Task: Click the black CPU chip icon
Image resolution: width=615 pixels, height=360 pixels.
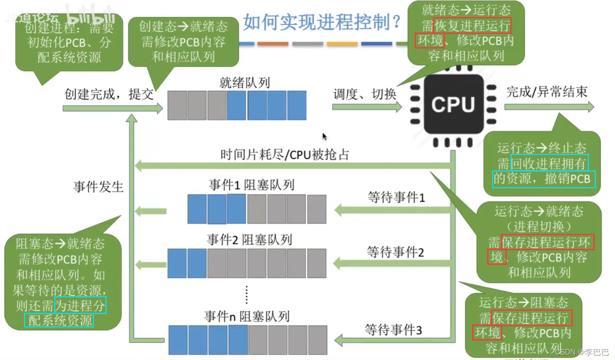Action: point(453,105)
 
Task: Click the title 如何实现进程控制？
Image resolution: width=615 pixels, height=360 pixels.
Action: point(322,22)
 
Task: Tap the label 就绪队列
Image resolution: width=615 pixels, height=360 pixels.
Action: point(244,83)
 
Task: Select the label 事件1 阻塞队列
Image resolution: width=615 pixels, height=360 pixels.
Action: point(252,185)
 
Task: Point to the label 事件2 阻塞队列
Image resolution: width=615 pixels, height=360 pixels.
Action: point(249,240)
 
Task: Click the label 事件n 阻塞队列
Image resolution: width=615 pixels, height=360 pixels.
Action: point(247,316)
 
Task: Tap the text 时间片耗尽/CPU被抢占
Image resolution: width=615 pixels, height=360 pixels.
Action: point(285,155)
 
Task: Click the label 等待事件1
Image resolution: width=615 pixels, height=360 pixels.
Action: point(396,197)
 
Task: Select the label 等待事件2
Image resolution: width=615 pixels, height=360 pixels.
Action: point(395,252)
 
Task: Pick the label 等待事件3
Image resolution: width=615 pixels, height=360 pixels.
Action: point(393,329)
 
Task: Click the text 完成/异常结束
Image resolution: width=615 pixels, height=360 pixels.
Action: point(547,92)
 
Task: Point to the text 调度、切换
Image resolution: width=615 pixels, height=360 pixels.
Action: point(365,94)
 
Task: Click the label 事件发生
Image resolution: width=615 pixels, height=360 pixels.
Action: point(98,187)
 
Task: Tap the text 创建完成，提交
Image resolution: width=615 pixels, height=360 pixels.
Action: point(109,94)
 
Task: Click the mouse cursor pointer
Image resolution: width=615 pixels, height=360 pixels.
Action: point(324,137)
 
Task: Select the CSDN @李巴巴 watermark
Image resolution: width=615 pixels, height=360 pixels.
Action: point(582,352)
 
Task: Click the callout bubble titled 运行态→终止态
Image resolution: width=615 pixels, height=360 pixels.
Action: point(541,163)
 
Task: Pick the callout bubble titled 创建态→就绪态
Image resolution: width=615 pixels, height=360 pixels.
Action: point(183,41)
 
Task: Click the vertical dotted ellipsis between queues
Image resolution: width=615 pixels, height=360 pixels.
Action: point(247,295)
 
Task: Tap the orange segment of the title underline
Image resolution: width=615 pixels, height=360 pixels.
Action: point(273,44)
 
